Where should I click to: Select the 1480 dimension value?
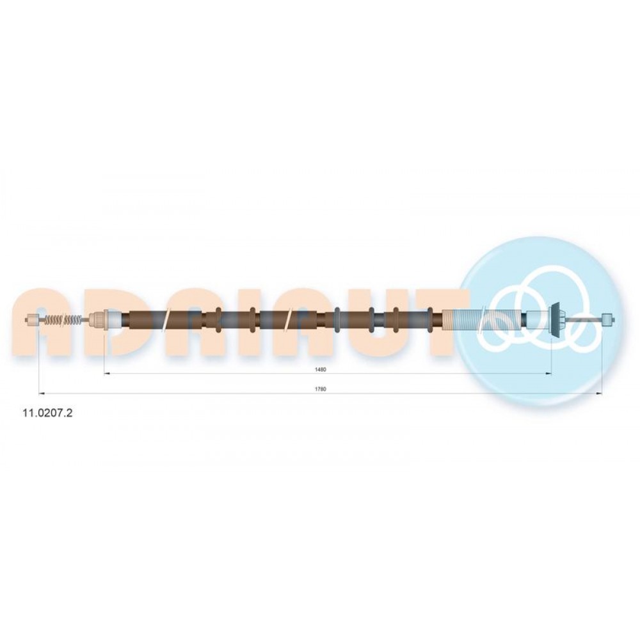coord(321,369)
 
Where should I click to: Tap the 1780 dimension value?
coord(321,389)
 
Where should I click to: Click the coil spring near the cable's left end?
coord(63,319)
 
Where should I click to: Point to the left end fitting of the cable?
coord(32,319)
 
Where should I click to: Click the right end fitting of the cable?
coord(608,319)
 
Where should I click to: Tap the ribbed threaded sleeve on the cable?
coord(482,319)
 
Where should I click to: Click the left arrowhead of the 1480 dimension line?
coord(108,373)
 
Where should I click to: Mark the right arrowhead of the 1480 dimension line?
coord(548,373)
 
